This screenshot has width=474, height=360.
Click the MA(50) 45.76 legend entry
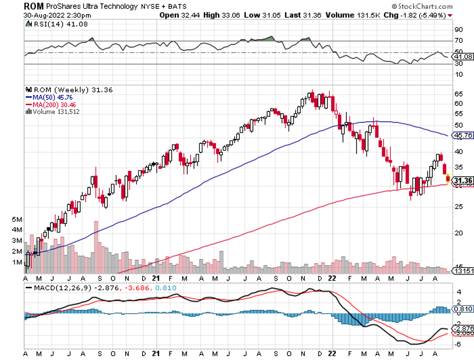[51, 97]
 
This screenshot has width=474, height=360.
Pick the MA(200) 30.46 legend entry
[53, 104]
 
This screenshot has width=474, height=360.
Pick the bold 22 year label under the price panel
[332, 278]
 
